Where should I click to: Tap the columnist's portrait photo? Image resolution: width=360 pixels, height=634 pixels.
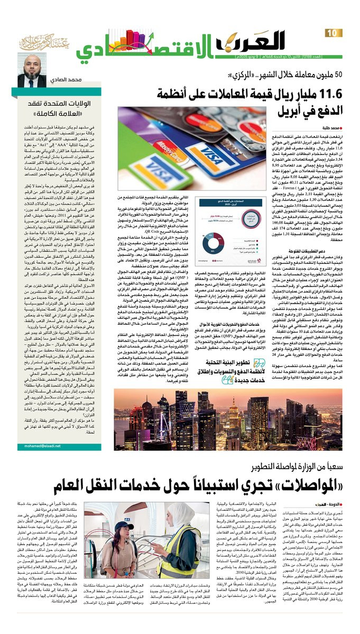(31, 70)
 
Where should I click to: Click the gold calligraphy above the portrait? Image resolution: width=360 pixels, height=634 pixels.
(42, 42)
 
